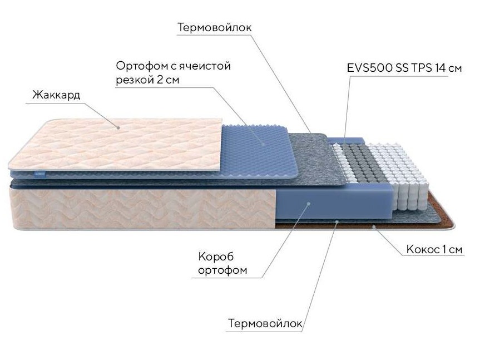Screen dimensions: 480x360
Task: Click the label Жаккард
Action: click(x=56, y=95)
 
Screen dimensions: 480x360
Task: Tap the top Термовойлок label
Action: click(x=215, y=28)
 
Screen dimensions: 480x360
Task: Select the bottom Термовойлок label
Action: click(x=265, y=323)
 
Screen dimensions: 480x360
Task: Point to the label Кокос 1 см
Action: click(x=434, y=249)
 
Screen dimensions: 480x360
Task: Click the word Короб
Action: click(x=216, y=256)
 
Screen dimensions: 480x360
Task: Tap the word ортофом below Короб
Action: click(x=222, y=270)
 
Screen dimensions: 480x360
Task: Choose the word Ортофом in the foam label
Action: click(x=142, y=66)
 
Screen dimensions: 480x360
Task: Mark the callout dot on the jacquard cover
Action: click(x=118, y=127)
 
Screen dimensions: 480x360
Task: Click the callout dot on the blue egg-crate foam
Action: click(x=263, y=144)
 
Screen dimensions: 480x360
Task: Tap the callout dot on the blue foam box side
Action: click(x=309, y=203)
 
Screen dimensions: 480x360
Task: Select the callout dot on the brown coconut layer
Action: click(x=374, y=226)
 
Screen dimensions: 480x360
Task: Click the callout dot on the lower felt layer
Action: click(x=337, y=221)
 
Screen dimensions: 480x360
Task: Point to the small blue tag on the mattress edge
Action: click(x=39, y=174)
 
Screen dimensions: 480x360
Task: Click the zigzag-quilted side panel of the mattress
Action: click(x=144, y=208)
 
